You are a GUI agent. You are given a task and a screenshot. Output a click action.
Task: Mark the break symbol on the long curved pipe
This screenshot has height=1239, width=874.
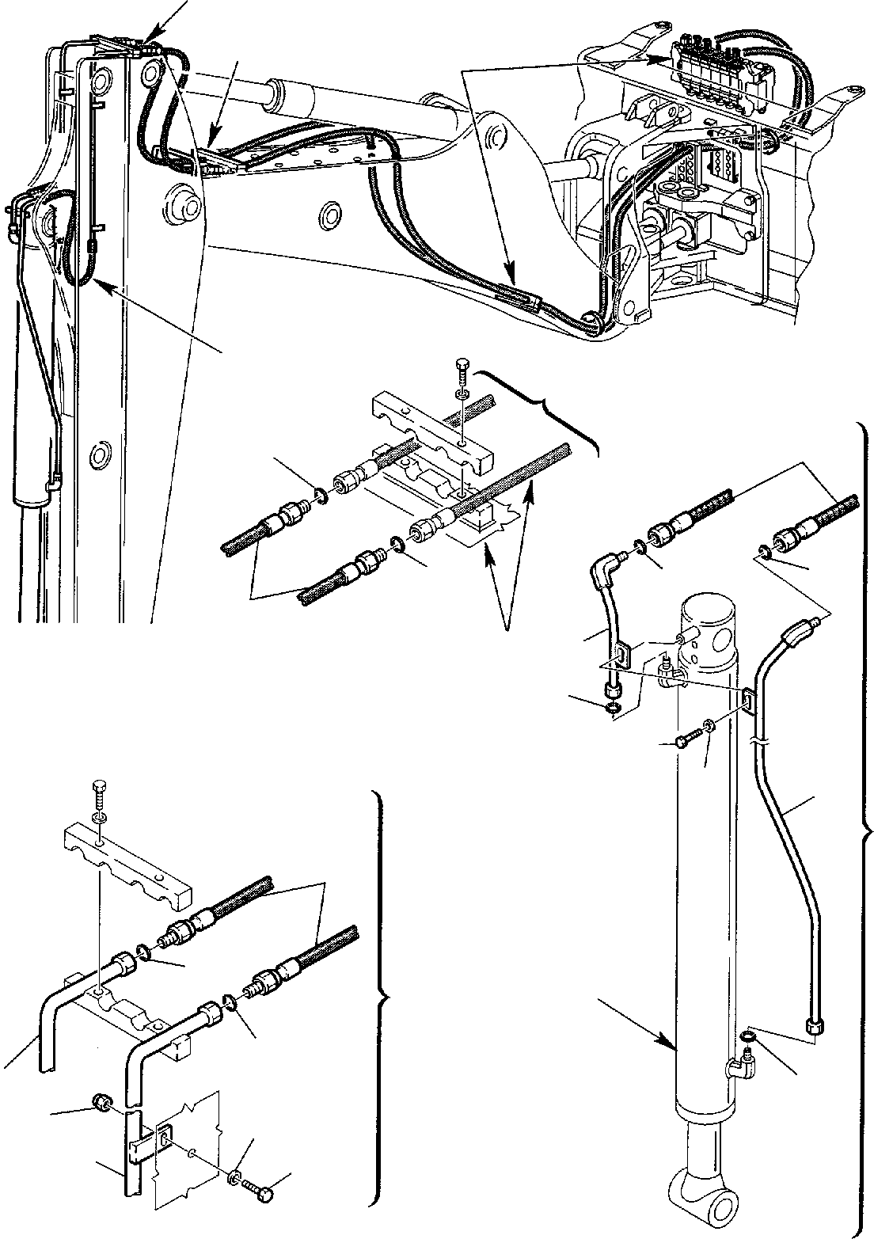click(761, 743)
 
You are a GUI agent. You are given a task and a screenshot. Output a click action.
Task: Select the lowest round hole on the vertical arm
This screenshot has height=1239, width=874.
click(101, 455)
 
